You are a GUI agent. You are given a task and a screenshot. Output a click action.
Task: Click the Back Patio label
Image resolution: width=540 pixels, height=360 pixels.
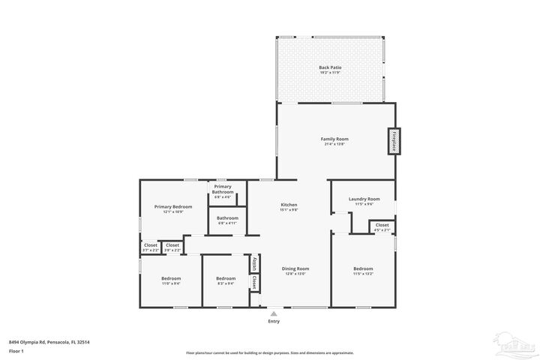point(330,70)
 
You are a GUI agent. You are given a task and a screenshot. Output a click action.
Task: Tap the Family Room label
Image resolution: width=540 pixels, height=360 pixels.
point(334,141)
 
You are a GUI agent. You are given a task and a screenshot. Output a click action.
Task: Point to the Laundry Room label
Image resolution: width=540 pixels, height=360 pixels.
point(364,201)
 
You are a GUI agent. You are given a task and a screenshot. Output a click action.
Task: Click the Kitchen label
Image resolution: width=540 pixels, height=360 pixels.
point(289,207)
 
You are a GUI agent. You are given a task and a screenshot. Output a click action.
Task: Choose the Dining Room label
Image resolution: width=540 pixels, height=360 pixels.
point(295,271)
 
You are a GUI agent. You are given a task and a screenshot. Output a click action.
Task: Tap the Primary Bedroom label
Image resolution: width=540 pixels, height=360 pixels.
point(173,208)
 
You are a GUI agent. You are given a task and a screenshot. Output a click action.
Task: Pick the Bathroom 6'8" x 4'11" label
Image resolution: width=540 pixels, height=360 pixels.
point(227,220)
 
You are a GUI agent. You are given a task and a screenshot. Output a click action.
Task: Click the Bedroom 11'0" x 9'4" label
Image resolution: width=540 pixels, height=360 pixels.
point(171,280)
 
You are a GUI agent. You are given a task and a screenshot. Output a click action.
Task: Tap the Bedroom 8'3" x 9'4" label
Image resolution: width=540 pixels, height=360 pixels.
point(226,280)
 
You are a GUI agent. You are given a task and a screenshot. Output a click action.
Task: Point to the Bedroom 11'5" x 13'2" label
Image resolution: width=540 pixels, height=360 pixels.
point(363,271)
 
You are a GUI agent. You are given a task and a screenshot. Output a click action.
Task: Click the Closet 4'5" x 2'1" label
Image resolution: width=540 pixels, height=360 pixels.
point(382,227)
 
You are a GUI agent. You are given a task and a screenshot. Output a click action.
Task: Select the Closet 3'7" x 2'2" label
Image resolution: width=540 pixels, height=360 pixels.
point(150,247)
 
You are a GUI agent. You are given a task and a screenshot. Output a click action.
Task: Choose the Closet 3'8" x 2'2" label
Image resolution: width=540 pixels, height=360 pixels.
point(172,247)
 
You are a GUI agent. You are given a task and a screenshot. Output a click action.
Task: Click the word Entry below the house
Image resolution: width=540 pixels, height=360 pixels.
point(274,322)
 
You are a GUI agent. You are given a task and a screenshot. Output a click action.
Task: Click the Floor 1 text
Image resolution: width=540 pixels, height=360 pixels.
point(16,350)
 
